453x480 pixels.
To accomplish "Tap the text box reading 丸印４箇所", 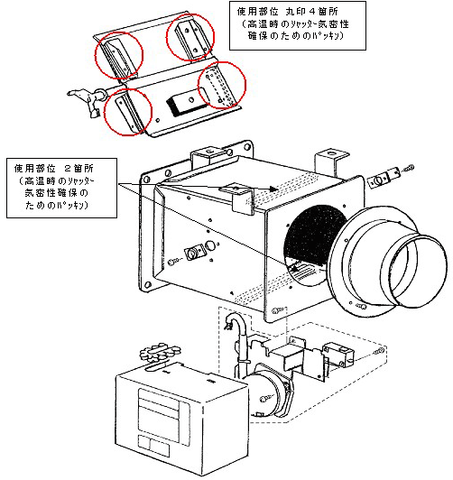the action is (298, 25).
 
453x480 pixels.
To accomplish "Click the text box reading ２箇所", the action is (61, 188).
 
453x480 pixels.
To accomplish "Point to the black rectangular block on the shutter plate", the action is (187, 105).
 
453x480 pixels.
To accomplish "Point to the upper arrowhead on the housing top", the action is (273, 189).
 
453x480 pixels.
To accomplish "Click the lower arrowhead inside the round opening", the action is (294, 269).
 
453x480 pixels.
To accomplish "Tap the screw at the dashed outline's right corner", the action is (380, 352).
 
